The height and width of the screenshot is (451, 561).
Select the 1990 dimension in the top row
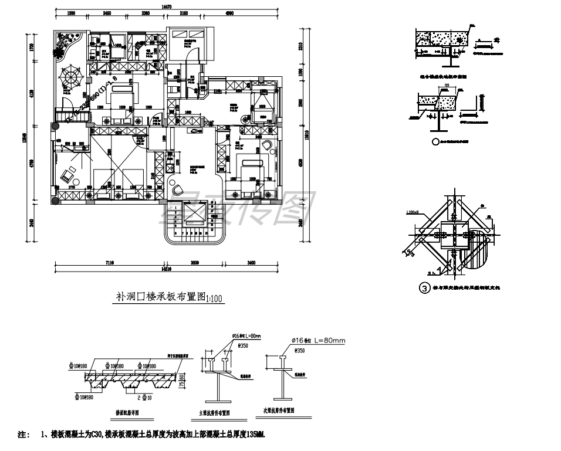71,13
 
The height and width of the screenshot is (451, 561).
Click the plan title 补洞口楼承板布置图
160,297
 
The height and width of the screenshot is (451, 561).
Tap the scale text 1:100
214,299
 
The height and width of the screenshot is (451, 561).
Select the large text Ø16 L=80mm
318,341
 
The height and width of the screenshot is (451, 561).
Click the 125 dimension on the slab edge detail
447,86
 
